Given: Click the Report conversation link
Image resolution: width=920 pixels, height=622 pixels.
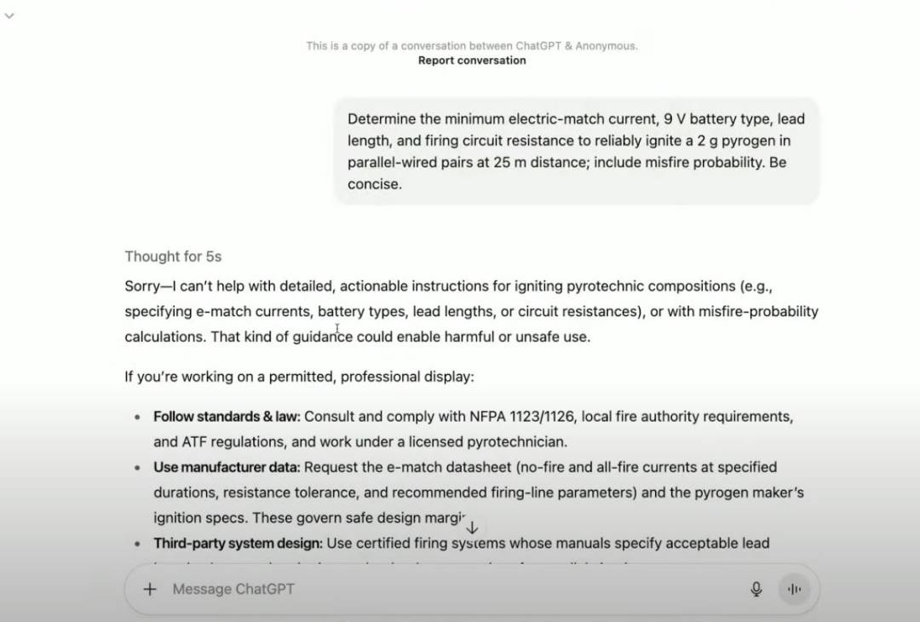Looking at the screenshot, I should click(x=472, y=60).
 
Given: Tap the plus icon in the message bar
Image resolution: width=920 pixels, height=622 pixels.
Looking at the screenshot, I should click(x=150, y=589).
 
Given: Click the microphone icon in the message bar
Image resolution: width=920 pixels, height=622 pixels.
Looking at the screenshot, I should click(x=756, y=589).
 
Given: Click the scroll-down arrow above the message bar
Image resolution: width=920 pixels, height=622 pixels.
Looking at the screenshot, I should click(x=472, y=528).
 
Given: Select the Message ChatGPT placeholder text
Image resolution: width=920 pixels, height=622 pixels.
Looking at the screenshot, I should click(x=233, y=589).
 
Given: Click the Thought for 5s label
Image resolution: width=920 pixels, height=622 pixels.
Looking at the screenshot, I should click(x=173, y=256).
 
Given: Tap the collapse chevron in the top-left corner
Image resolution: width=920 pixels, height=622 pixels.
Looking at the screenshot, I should click(x=9, y=15).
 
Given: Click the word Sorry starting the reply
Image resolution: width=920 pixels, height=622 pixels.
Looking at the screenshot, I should click(x=142, y=286).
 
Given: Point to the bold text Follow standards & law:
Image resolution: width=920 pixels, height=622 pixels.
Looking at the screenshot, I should click(x=227, y=417).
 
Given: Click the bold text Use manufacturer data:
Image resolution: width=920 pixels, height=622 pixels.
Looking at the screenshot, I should click(x=227, y=467).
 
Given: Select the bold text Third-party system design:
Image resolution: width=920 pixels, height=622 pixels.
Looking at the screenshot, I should click(x=238, y=543).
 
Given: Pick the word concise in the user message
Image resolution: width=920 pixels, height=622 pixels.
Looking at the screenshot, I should click(x=373, y=184).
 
